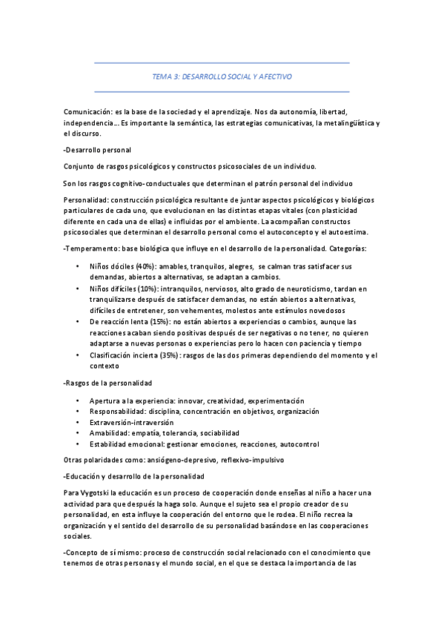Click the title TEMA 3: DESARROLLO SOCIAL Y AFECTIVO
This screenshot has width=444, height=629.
tap(222, 76)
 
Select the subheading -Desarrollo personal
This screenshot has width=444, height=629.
tap(98, 150)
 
